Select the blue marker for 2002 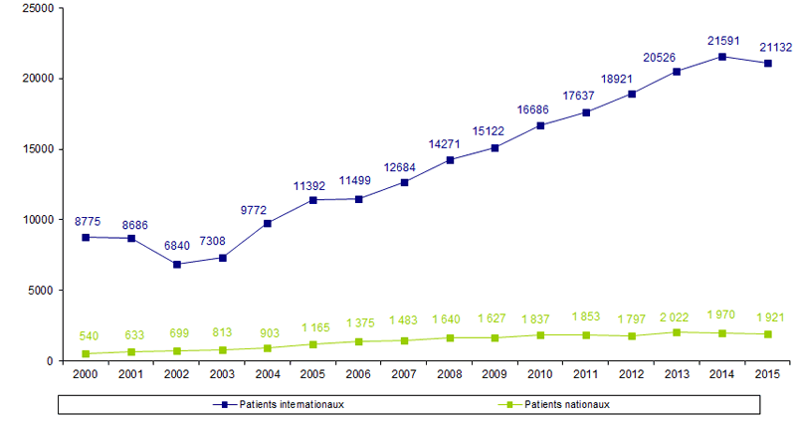click(x=176, y=265)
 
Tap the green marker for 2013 click(x=676, y=332)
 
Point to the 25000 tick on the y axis click(x=37, y=8)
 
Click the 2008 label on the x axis click(x=450, y=375)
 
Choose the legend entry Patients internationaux click(x=289, y=404)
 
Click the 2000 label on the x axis click(x=87, y=375)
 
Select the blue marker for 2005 click(x=313, y=200)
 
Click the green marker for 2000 click(x=87, y=353)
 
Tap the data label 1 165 click(x=313, y=325)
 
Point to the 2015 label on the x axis click(x=766, y=375)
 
